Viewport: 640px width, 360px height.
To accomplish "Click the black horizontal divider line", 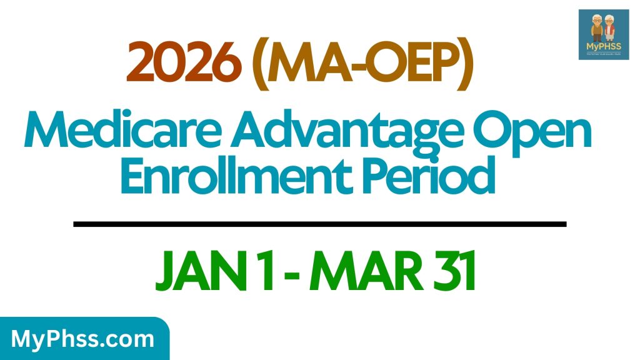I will tap(319, 224).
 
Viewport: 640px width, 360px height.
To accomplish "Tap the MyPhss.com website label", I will tap(83, 339).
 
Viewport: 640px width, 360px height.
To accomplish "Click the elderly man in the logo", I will tap(595, 29).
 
